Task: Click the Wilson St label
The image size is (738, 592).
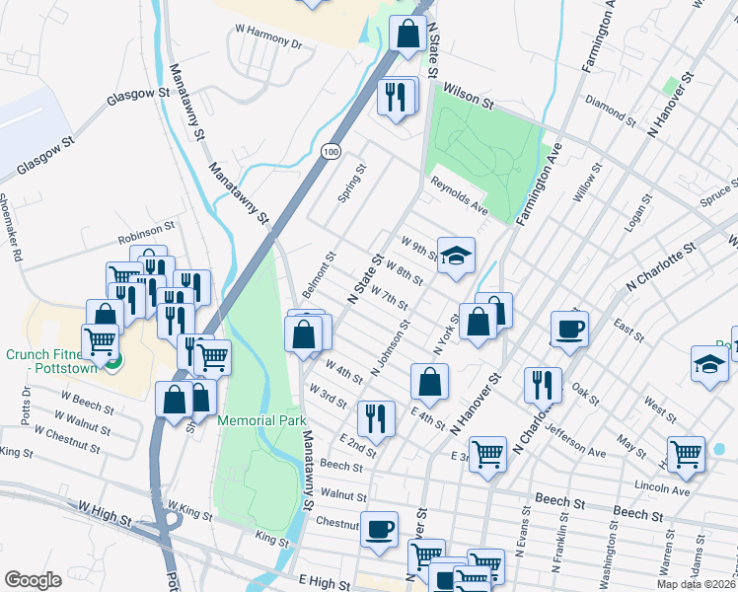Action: coord(469,89)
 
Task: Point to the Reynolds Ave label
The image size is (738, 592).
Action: coord(459,196)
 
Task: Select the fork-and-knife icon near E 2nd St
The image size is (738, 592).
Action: coord(377,418)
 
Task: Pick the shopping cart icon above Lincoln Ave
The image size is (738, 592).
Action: coord(686,454)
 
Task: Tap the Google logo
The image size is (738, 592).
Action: coord(33,579)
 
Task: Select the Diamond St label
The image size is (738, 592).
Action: coord(606,102)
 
